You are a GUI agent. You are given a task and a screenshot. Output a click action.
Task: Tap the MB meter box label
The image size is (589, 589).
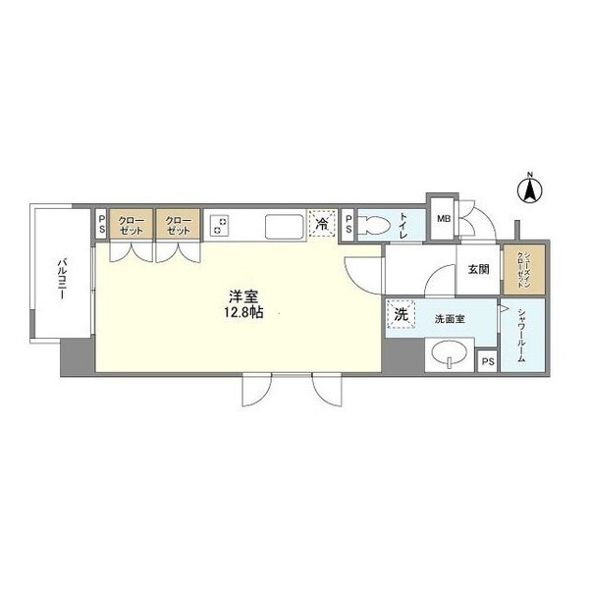442,220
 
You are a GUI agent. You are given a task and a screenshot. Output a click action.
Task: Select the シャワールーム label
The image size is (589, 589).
520,336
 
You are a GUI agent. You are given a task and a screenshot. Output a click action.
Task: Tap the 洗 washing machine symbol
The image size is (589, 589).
401,316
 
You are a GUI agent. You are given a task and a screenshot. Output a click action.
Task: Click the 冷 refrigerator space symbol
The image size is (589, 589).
321,224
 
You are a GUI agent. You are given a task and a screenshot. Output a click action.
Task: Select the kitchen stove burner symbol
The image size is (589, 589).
220,226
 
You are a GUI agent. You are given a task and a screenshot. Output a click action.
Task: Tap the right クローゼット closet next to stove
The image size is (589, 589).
178,225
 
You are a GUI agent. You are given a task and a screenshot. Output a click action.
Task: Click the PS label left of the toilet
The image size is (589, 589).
348,225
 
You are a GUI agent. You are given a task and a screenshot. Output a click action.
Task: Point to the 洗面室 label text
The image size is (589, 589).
447,317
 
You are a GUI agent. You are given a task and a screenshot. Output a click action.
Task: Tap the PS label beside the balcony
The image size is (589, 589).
101,225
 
